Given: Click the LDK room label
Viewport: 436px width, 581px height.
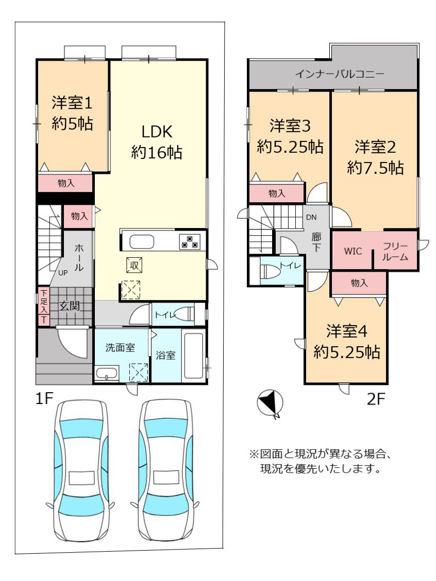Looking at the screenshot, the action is pyautogui.click(x=157, y=142).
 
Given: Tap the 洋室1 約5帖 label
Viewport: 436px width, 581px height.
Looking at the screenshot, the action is pyautogui.click(x=72, y=113).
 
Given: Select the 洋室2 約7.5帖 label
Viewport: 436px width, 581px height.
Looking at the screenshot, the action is pyautogui.click(x=375, y=157).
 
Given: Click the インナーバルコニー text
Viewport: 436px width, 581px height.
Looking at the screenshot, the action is pyautogui.click(x=340, y=74).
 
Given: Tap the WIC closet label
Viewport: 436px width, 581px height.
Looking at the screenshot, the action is pyautogui.click(x=353, y=251).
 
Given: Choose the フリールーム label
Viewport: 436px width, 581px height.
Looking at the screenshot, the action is pyautogui.click(x=395, y=252).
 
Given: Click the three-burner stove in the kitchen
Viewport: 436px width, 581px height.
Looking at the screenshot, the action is pyautogui.click(x=190, y=241).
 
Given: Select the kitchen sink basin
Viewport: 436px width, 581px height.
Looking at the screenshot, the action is pyautogui.click(x=141, y=242).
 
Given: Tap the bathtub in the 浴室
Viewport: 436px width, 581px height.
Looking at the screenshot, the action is pyautogui.click(x=193, y=356).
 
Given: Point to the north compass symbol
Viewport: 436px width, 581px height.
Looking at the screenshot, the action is pyautogui.click(x=270, y=403).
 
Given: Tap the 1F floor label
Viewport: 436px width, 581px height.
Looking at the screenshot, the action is pyautogui.click(x=44, y=399).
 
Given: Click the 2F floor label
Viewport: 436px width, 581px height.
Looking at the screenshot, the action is pyautogui.click(x=376, y=399).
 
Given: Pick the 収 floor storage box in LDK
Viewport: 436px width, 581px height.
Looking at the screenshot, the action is pyautogui.click(x=135, y=265).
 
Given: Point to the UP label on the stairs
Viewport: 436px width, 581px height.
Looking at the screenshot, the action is pyautogui.click(x=63, y=273).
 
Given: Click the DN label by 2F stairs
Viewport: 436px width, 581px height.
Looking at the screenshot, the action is pyautogui.click(x=311, y=218).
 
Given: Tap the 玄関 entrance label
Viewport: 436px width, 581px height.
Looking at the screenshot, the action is pyautogui.click(x=70, y=306).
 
